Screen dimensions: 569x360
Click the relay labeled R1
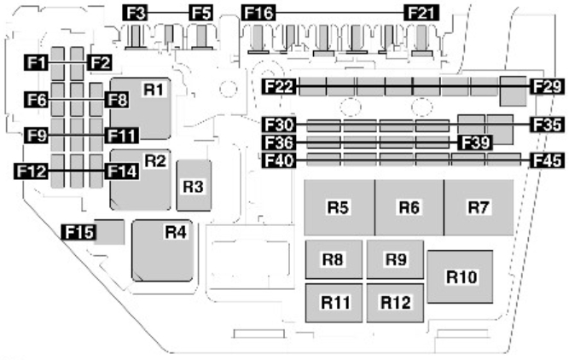coord(141,108)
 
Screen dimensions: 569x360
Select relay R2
coord(141,180)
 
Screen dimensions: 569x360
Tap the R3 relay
coord(194,185)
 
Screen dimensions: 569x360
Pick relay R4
coord(162,251)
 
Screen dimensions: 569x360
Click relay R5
coord(340,207)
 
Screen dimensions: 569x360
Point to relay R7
coord(479,207)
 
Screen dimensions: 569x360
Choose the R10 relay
coord(460,276)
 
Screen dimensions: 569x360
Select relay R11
coord(334,303)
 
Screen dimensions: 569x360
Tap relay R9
coord(395,259)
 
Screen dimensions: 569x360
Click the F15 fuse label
coord(78,232)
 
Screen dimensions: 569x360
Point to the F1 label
coord(37,63)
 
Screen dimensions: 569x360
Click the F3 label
coord(135,13)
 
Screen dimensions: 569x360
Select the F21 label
coord(421,13)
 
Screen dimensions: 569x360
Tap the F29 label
coord(547,87)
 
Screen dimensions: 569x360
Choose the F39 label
coord(475,142)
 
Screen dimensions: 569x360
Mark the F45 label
coord(547,160)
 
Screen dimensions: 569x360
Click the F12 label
coord(32,171)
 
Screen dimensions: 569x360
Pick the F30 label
coord(279,125)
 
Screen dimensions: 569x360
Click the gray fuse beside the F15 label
coord(109,232)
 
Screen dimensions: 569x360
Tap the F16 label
coord(258,13)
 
